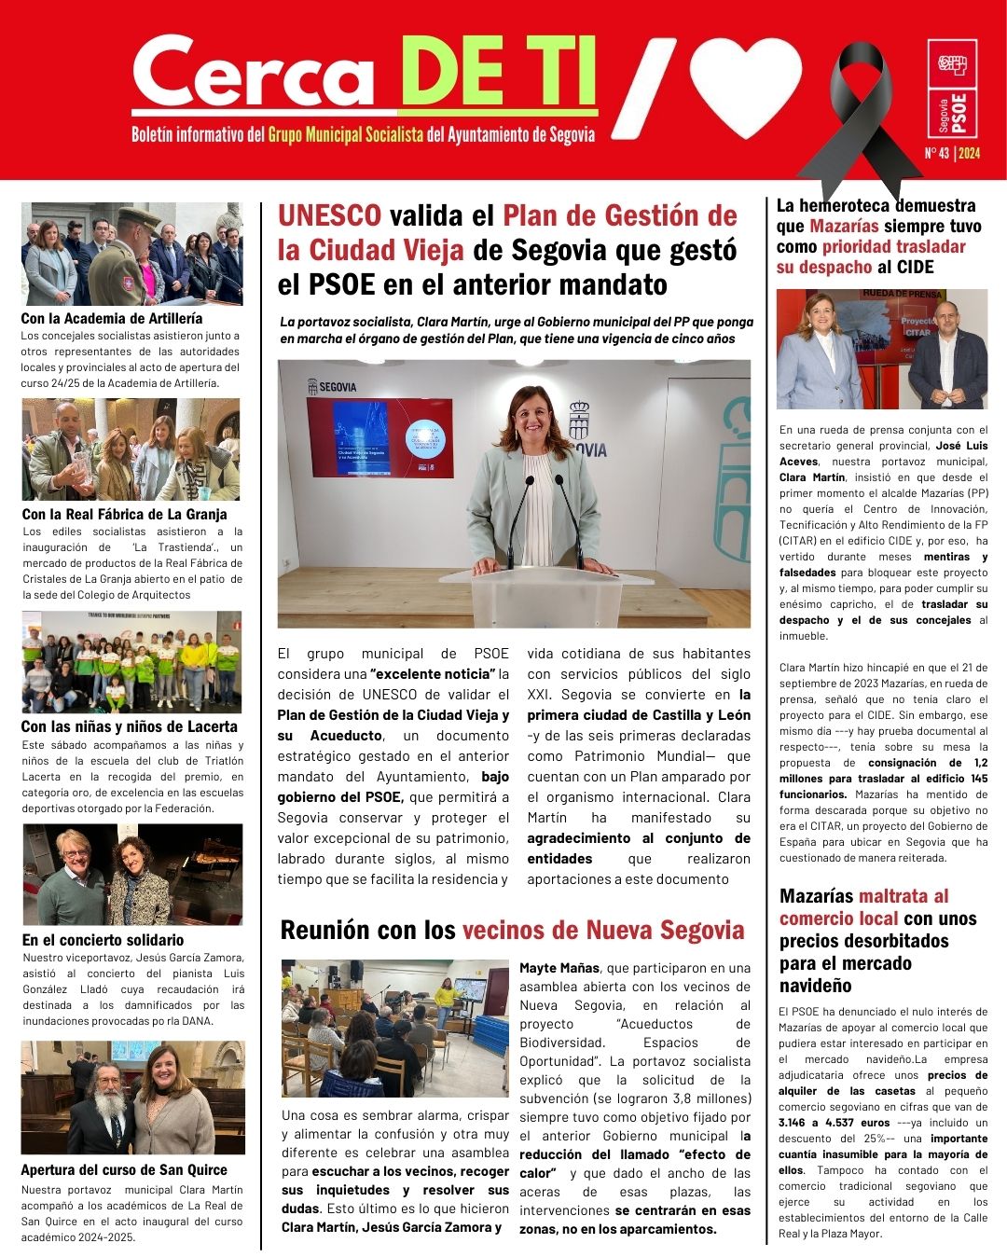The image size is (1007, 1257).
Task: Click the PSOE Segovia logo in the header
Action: tap(952, 89)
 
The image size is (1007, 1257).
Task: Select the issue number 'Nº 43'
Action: tap(935, 153)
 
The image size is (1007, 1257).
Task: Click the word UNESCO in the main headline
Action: tap(329, 215)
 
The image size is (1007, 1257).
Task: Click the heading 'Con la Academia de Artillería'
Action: tap(112, 318)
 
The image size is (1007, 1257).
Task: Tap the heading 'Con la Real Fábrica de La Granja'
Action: tap(124, 514)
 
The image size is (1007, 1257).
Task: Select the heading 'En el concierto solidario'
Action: tap(103, 940)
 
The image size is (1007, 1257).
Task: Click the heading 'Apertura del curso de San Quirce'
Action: tap(124, 1169)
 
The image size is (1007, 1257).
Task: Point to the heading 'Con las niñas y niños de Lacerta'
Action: tap(129, 726)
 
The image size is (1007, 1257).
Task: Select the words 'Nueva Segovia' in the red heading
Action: tap(665, 930)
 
